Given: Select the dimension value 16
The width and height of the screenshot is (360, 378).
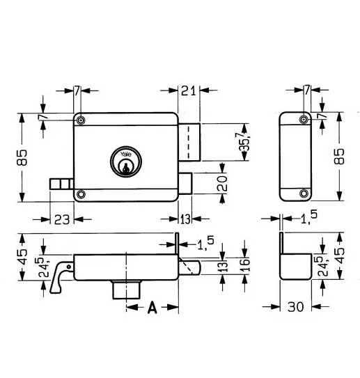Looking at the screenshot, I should [x=245, y=265].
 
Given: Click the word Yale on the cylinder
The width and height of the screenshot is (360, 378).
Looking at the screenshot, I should [x=125, y=155].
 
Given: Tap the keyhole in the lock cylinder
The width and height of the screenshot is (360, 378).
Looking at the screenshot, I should [x=125, y=167].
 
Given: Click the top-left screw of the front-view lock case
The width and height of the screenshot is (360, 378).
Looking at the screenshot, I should [x=82, y=120].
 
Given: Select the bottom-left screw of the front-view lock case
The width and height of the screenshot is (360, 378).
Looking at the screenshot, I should [x=82, y=194].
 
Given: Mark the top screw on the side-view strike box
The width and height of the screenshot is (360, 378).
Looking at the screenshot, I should [x=304, y=119].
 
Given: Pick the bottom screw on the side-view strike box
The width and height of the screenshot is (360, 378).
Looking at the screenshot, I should [x=304, y=193].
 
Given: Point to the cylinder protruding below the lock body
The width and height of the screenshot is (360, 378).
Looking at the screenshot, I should [x=126, y=288].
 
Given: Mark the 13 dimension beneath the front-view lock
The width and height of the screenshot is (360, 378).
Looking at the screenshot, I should [x=186, y=219].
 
